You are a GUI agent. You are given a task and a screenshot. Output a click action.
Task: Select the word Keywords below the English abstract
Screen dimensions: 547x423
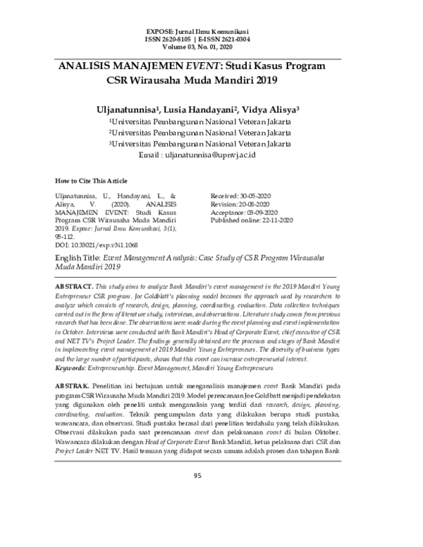73,368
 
